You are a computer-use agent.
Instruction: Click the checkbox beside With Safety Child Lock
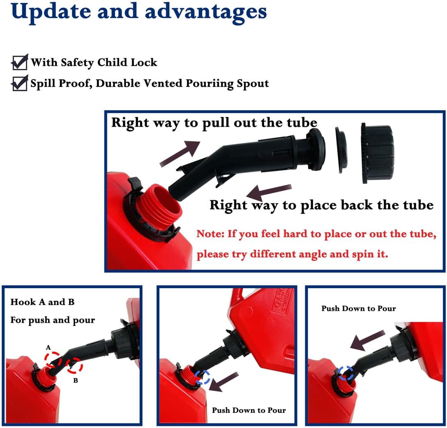click(20, 62)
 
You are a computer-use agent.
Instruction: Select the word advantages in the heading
click(206, 12)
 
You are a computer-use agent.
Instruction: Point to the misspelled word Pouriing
click(210, 84)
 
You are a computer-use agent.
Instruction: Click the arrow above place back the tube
click(269, 192)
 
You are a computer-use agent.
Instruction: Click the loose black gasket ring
click(341, 150)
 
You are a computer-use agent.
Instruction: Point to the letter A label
click(48, 347)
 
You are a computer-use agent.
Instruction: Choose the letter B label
click(76, 380)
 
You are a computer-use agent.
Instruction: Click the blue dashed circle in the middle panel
click(203, 377)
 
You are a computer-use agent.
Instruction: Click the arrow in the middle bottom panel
click(224, 382)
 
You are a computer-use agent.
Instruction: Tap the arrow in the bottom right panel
click(368, 340)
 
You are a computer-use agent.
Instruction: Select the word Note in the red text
click(209, 234)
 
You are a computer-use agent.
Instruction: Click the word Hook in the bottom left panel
click(23, 302)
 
